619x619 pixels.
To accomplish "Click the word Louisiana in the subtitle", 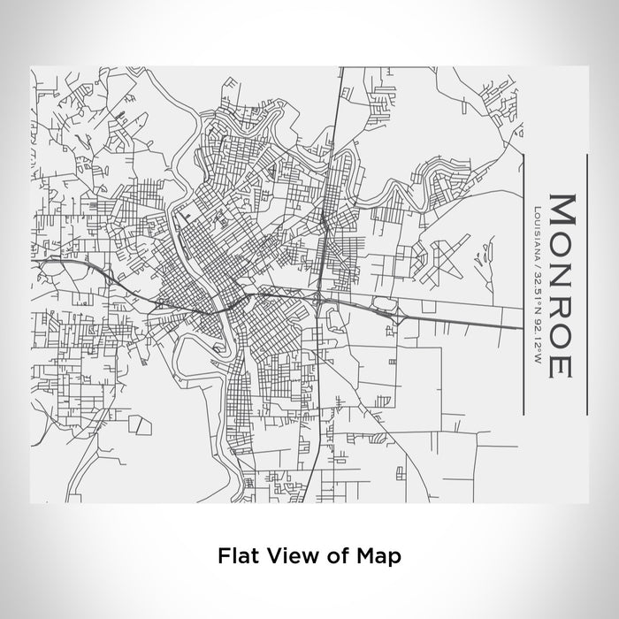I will click(538, 232).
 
